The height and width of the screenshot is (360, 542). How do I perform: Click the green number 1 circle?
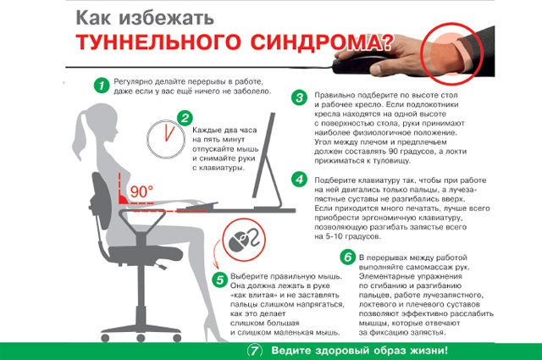click(102, 85)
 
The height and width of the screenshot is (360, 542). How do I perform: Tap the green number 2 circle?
click(183, 117)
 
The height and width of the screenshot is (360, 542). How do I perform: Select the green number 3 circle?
click(298, 97)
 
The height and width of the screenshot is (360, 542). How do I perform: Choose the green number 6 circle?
click(346, 257)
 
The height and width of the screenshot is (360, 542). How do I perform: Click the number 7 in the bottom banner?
click(253, 350)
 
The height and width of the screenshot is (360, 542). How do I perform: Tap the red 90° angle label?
click(141, 191)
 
